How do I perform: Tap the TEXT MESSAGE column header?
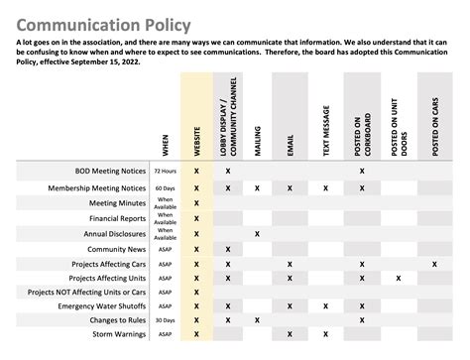[324, 129]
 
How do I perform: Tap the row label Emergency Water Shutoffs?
[98, 307]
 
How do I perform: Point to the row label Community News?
[117, 249]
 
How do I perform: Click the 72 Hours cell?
[165, 172]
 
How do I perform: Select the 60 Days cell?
[165, 187]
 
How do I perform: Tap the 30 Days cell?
[165, 321]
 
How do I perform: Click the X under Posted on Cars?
[434, 265]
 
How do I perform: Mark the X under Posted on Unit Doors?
[399, 279]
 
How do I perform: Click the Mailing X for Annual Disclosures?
[258, 234]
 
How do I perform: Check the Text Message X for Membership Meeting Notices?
[324, 187]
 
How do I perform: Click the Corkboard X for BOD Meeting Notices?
[362, 172]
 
